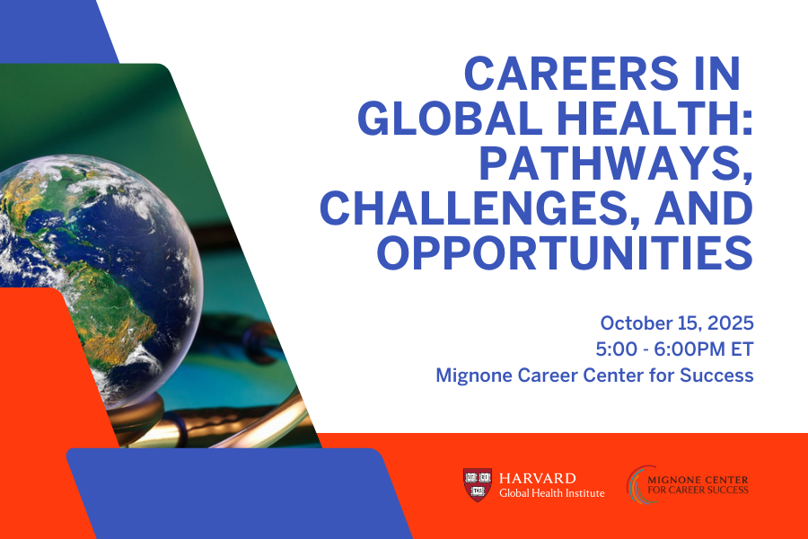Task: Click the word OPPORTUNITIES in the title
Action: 564,252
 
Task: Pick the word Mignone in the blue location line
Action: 475,375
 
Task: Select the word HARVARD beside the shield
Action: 538,478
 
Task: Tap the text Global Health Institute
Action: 551,493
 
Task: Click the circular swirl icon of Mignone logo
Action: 639,485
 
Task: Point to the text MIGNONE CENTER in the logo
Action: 698,479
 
